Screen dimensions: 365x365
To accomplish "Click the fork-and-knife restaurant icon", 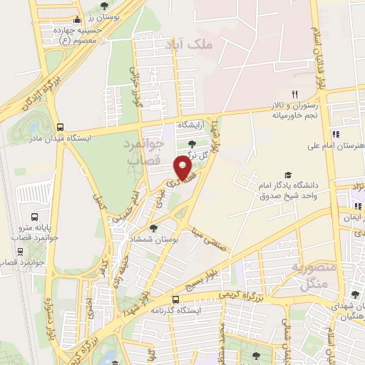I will (x=293, y=94).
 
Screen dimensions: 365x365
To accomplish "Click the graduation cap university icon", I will (x=287, y=175).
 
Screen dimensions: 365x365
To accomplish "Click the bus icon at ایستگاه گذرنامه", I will (x=176, y=299).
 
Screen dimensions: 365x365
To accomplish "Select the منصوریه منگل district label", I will (x=308, y=274).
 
